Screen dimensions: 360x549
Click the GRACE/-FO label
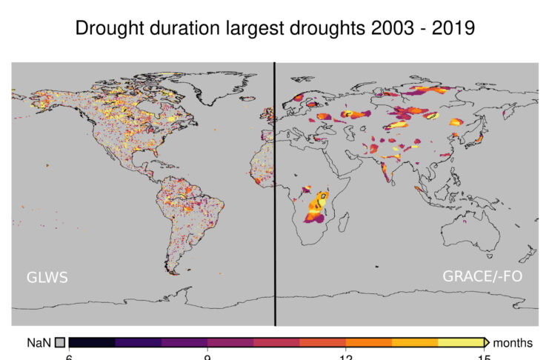click(478, 277)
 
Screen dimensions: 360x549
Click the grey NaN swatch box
click(60, 342)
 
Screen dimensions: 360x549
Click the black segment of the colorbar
click(92, 342)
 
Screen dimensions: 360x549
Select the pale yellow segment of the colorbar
click(460, 342)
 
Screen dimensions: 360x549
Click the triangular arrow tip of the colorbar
click(487, 342)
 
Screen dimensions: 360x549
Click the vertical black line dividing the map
click(275, 193)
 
